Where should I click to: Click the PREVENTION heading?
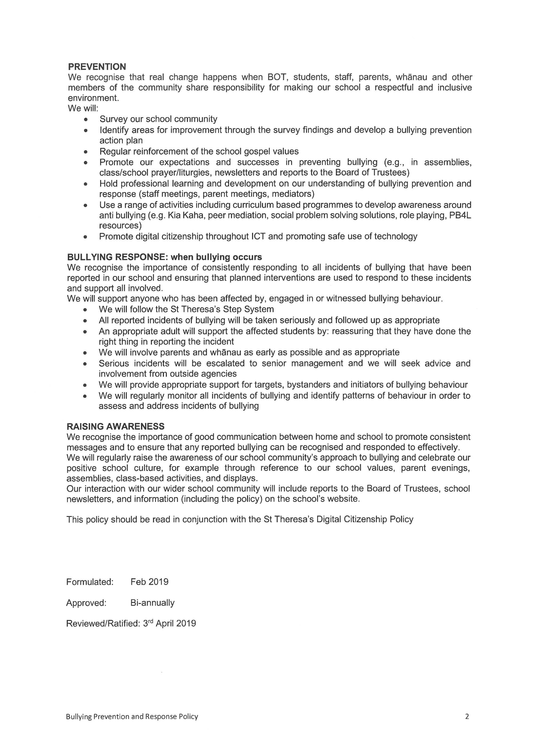tap(97, 67)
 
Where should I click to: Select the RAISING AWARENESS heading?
tap(115, 427)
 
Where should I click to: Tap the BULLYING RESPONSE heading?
tap(164, 257)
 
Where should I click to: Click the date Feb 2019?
tap(149, 582)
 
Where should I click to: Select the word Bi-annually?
tap(152, 603)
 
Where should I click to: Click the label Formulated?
tap(90, 582)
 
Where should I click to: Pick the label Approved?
tap(86, 603)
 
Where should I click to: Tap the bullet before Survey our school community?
tap(86, 119)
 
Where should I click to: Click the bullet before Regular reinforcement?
tap(86, 152)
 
